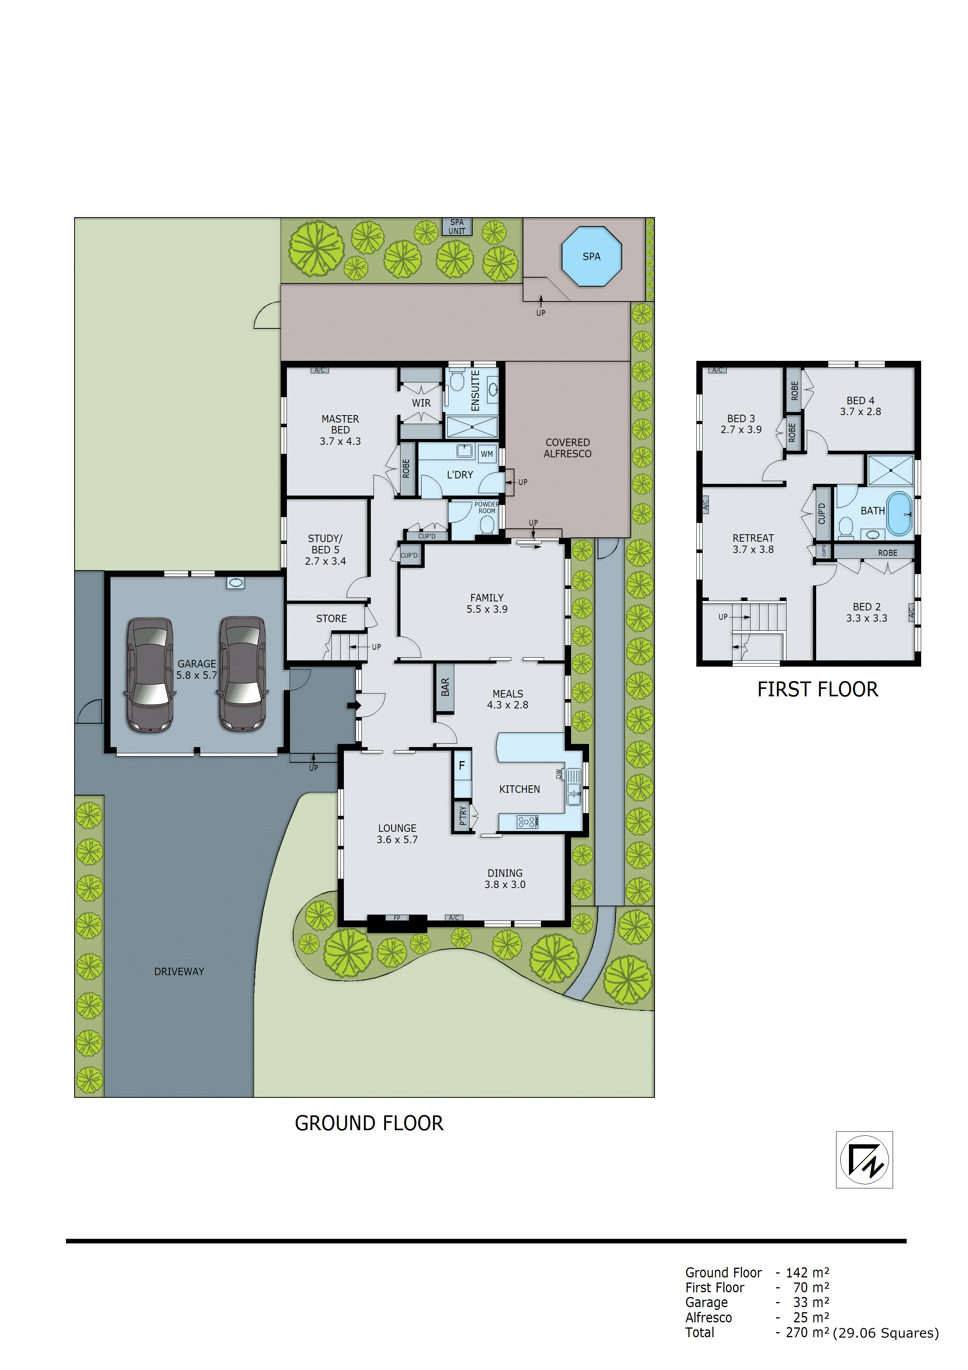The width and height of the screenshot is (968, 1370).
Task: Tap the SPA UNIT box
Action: [457, 227]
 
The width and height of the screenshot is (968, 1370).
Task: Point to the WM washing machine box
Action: [487, 454]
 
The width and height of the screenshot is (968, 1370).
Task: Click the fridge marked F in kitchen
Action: [462, 765]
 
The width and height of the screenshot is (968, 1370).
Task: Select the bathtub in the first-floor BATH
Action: [899, 513]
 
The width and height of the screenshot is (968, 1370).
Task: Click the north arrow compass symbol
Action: [864, 1160]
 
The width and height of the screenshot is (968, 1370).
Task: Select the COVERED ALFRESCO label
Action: [567, 448]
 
